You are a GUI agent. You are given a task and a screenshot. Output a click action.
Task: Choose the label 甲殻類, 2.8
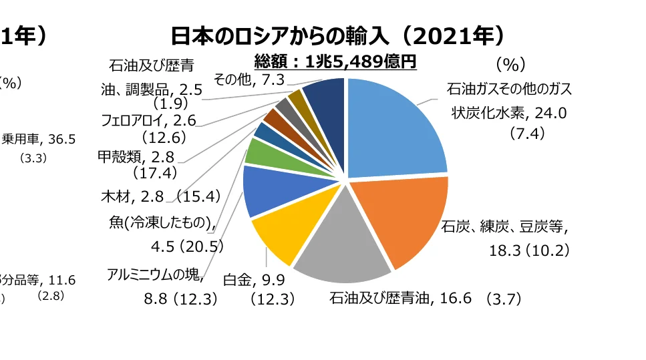click(x=136, y=157)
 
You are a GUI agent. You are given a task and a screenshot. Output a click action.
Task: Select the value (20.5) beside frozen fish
click(x=200, y=246)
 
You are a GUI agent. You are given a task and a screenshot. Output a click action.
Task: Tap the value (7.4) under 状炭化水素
click(x=527, y=134)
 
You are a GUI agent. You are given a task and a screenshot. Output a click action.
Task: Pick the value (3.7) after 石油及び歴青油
click(x=503, y=298)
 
